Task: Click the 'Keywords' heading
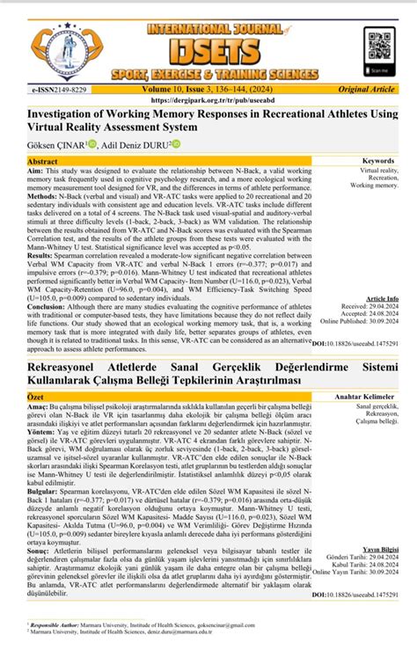point(378,162)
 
